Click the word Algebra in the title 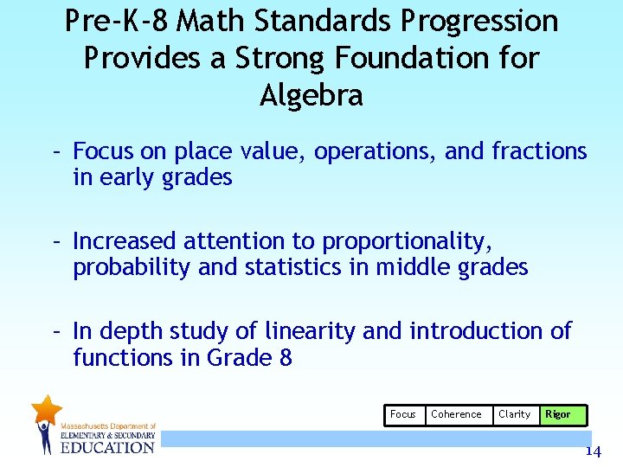click(x=311, y=95)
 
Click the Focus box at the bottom click(x=403, y=414)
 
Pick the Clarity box click(x=514, y=414)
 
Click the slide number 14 click(x=593, y=451)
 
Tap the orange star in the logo click(x=46, y=409)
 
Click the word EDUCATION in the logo click(x=106, y=447)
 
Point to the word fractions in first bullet click(x=539, y=151)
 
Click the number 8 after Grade click(x=285, y=358)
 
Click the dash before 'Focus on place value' click(x=55, y=151)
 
